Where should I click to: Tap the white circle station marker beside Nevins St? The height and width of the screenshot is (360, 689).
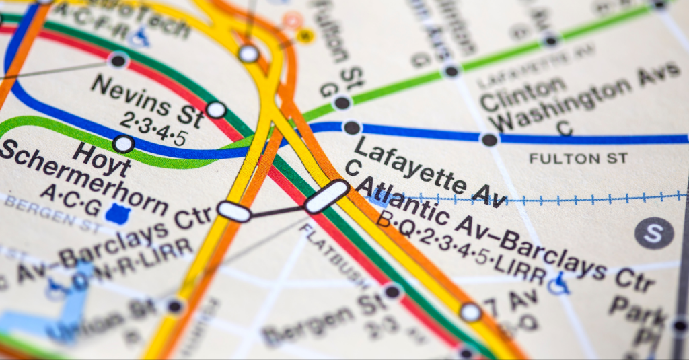click(216, 110)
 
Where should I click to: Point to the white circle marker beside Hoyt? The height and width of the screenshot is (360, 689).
click(123, 143)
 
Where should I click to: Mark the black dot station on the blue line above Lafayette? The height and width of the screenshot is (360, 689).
click(352, 128)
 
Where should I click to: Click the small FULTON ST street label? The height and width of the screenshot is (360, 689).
click(578, 158)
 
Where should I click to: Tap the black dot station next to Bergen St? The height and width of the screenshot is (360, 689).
click(392, 291)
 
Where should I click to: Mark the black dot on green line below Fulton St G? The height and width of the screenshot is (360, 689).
click(342, 103)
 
